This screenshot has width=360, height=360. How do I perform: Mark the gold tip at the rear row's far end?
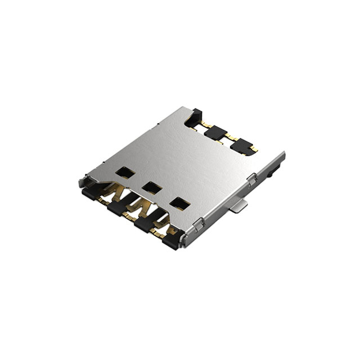pos(255,149)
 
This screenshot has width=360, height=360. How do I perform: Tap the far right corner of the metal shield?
pos(283,153)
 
